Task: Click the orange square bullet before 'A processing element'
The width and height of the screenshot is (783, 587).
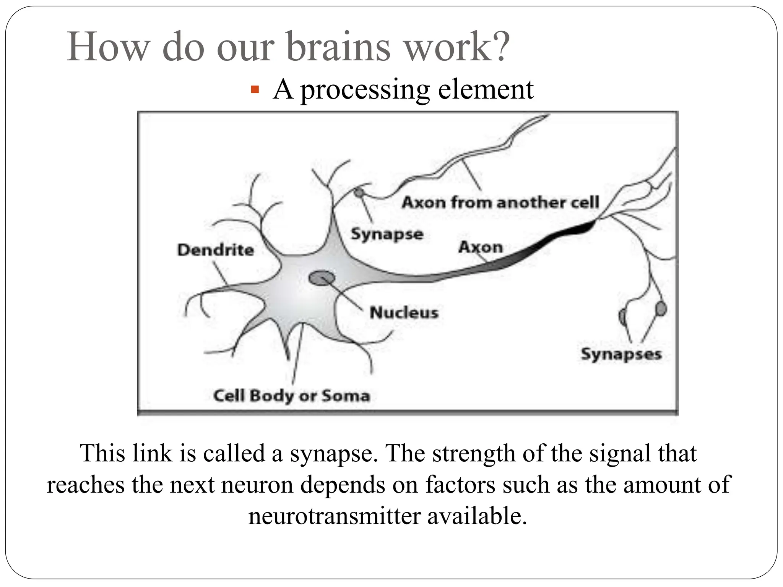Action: pos(255,91)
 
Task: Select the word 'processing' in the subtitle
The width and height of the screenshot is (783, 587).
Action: pos(365,90)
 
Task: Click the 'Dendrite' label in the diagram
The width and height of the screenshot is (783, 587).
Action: pos(215,250)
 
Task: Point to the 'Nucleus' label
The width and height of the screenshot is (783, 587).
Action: pos(404,313)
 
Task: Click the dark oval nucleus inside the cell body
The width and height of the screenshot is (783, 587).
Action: pos(322,278)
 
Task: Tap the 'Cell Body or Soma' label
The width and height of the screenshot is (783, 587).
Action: pos(292,396)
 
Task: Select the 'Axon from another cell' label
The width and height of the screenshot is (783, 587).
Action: pos(500,202)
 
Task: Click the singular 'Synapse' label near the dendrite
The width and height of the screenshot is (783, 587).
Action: pos(387,234)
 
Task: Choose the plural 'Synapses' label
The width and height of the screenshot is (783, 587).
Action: pos(621,354)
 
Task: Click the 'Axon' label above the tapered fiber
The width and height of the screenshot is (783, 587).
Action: pos(480,247)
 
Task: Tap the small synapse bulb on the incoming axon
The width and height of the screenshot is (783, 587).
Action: pos(359,193)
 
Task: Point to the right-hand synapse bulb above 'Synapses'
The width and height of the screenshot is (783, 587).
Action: pos(660,309)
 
